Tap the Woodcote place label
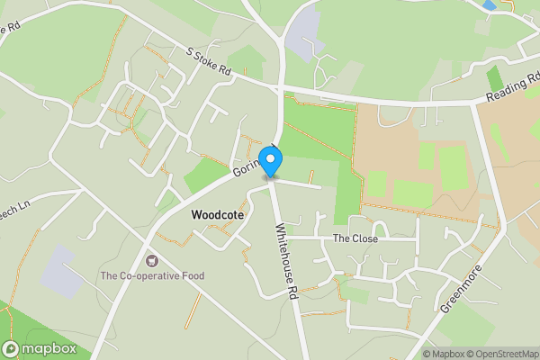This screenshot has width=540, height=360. coord(218,216)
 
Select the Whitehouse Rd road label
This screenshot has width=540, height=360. coord(286,261)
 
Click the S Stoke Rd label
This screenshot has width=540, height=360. coord(210,62)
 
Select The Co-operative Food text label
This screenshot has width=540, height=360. coord(152,275)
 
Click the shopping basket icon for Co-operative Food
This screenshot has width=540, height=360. coord(152,260)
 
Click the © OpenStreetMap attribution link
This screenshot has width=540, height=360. coord(499,354)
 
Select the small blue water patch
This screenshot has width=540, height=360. coord(489,5)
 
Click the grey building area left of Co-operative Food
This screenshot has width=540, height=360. coord(58,270)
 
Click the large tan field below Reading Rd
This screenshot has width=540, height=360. coord(423,157)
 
